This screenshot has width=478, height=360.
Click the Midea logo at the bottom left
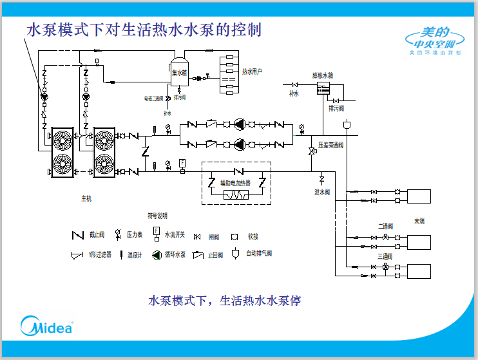(x=46, y=326)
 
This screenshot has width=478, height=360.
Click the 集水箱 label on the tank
(x=179, y=73)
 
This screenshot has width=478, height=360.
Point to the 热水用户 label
(x=252, y=71)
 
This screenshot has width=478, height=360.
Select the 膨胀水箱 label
(x=323, y=75)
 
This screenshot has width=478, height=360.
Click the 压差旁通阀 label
(x=331, y=146)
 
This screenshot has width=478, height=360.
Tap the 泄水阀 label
(x=322, y=192)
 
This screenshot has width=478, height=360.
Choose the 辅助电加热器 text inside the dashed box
(x=236, y=183)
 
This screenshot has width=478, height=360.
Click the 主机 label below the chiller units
(x=86, y=198)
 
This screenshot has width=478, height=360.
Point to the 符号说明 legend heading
(x=157, y=215)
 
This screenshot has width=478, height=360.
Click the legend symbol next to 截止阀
(x=76, y=235)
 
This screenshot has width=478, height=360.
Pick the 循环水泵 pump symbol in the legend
(x=157, y=254)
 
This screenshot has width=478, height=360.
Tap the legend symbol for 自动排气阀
(x=235, y=253)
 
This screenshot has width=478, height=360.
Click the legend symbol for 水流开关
(x=156, y=233)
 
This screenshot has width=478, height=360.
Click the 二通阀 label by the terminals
(x=386, y=226)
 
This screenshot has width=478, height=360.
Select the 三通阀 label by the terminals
(x=386, y=256)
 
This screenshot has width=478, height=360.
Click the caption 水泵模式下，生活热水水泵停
(x=225, y=300)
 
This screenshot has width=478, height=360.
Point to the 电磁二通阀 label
(x=153, y=99)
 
